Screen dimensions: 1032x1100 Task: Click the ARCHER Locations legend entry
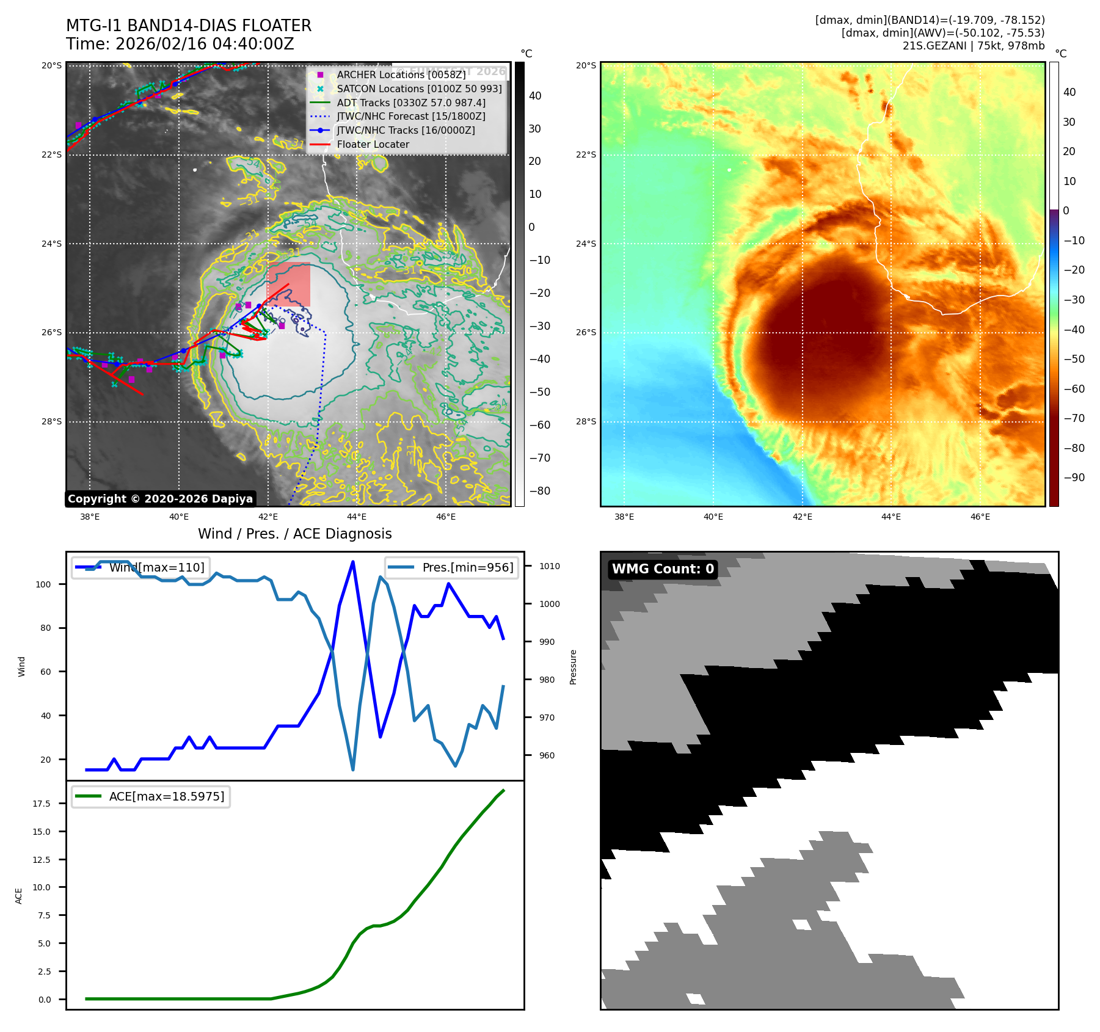401,74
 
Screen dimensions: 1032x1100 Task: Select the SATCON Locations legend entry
419,89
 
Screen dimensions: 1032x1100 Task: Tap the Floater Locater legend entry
373,144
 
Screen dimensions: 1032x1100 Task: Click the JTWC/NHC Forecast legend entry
411,116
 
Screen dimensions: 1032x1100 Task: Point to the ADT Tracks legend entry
411,103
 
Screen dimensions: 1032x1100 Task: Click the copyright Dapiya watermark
160,499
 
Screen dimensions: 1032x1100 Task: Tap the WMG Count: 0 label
663,569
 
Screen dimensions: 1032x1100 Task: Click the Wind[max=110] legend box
140,567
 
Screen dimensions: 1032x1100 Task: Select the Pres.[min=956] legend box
451,567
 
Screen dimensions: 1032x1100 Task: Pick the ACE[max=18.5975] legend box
150,796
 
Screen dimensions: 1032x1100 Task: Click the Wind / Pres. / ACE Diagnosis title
294,534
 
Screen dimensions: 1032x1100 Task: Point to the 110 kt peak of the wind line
353,562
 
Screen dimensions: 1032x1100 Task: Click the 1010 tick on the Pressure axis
549,566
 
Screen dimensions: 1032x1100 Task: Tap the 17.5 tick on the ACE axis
42,804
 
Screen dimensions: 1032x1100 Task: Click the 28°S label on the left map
51,421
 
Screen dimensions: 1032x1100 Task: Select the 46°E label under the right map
980,517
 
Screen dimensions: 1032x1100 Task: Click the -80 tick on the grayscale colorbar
539,491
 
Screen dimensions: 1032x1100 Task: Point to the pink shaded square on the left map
288,284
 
